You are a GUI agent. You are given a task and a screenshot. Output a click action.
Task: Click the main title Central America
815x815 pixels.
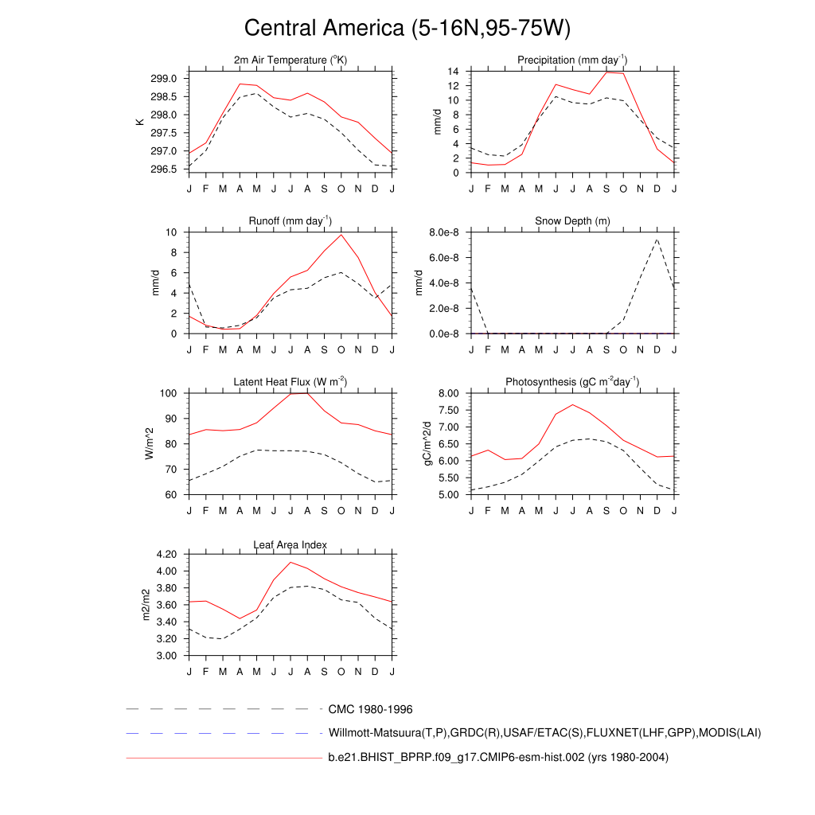[x=407, y=28]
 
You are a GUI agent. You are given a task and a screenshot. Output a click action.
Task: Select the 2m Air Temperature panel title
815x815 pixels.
[x=291, y=60]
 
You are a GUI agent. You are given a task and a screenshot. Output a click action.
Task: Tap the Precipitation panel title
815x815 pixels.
[x=572, y=60]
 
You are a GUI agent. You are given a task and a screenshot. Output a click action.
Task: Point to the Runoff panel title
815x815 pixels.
[x=291, y=220]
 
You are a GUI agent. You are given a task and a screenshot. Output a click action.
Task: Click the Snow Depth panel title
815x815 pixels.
[x=572, y=220]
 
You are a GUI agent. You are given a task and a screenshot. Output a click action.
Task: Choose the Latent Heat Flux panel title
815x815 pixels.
[x=291, y=382]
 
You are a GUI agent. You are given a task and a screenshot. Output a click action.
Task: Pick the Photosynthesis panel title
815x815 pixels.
[x=572, y=382]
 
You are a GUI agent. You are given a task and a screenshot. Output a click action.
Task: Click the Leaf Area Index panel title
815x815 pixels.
[x=291, y=544]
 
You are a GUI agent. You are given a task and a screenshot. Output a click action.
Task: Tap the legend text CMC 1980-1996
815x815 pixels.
[x=370, y=709]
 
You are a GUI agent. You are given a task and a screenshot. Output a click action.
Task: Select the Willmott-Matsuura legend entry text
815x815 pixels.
[x=544, y=733]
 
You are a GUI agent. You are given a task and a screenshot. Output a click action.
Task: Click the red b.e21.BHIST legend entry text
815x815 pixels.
[x=498, y=757]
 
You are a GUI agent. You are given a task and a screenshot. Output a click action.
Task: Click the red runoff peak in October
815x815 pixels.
[x=341, y=234]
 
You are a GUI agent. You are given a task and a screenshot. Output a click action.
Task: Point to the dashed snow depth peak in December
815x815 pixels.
[x=657, y=239]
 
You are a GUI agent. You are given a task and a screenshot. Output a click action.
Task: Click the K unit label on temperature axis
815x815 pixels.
[x=140, y=122]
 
